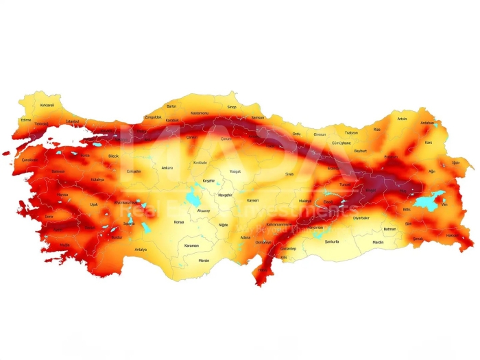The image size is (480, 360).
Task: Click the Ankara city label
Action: [x=167, y=167]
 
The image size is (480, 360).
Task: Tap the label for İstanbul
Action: [x=73, y=121]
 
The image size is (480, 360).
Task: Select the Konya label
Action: [x=179, y=222]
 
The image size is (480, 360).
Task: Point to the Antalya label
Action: [x=141, y=250]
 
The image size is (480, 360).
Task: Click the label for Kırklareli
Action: [x=47, y=105]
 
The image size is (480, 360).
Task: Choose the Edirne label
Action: [x=26, y=119]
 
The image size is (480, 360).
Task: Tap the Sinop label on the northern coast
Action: [x=232, y=107]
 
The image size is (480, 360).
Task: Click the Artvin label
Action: [x=402, y=119]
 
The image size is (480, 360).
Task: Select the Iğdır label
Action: [x=455, y=163]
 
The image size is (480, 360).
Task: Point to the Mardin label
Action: [x=378, y=242]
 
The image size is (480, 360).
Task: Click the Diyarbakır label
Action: [x=361, y=217]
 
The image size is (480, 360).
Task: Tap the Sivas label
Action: [x=289, y=173]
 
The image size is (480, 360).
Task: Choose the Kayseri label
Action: [x=252, y=200]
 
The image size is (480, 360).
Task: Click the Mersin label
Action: [x=204, y=260]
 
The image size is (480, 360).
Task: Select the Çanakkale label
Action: [x=29, y=160]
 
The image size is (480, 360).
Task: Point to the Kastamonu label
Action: [x=200, y=112]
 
